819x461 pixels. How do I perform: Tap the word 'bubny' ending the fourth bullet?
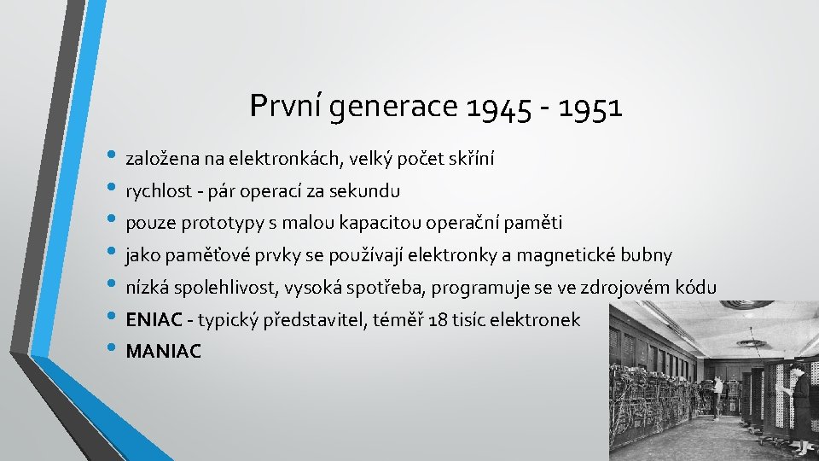coord(648,255)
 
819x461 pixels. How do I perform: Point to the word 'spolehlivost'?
coord(215,288)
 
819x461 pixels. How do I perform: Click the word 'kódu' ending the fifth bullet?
coord(697,287)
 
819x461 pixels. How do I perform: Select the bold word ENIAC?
coord(154,320)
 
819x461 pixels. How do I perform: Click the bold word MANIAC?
coord(164,352)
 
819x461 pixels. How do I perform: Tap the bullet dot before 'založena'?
coord(115,159)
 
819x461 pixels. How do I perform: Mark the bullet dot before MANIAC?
coord(115,351)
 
